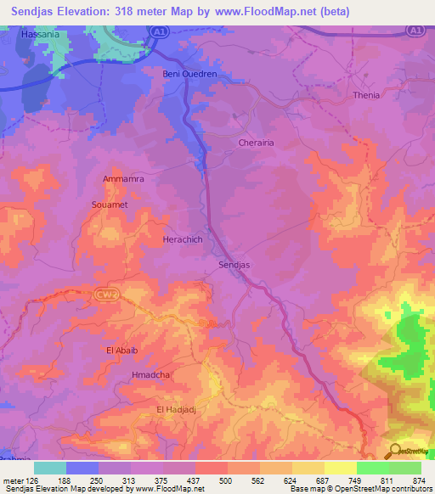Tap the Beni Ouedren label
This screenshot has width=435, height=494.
coord(189,75)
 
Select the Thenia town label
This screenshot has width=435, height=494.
coord(366,95)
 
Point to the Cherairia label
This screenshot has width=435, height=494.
coord(256,143)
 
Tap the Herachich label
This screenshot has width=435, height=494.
coord(183,240)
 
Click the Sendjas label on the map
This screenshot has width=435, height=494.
coord(234,266)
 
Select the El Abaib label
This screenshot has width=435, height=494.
coord(121,351)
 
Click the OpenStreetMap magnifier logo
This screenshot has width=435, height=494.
coord(396,451)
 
